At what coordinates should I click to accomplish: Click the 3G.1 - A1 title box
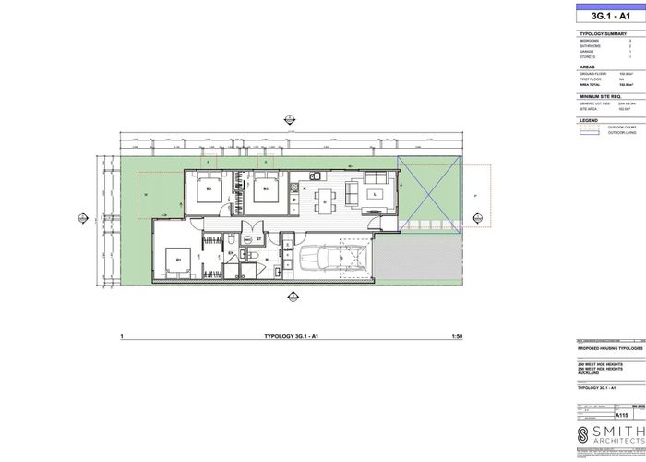point(610,15)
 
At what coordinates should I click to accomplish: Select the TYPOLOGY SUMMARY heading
point(602,33)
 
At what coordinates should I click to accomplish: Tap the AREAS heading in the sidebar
point(587,67)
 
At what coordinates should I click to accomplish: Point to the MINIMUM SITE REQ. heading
point(601,96)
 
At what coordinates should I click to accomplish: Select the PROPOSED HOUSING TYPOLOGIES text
point(610,349)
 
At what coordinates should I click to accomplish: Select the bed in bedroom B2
point(208,190)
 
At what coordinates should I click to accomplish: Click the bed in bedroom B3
point(265,190)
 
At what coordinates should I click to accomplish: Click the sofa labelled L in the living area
point(376,193)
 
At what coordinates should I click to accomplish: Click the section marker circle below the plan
point(291,297)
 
